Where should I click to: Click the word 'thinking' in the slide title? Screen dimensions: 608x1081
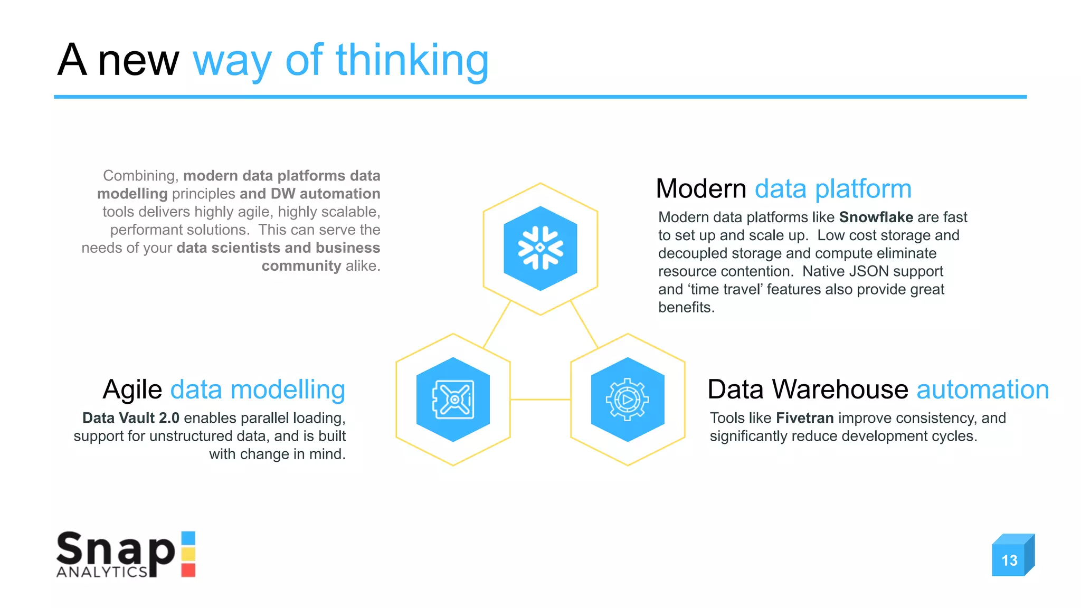pyautogui.click(x=412, y=61)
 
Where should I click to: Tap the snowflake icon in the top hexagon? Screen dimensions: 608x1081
pyautogui.click(x=540, y=248)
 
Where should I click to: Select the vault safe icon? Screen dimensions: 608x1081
pyautogui.click(x=453, y=400)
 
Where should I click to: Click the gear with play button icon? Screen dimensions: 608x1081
pyautogui.click(x=628, y=400)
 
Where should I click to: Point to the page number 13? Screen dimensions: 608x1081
pyautogui.click(x=1009, y=560)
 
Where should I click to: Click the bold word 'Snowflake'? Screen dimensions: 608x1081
pyautogui.click(x=876, y=217)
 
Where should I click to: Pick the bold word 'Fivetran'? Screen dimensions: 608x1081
pyautogui.click(x=804, y=418)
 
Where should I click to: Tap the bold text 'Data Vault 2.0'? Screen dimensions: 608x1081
pyautogui.click(x=131, y=418)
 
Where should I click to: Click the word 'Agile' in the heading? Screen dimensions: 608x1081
pyautogui.click(x=132, y=391)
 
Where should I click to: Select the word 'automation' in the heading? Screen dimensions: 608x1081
pyautogui.click(x=982, y=390)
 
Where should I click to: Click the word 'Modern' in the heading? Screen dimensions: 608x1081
pyautogui.click(x=701, y=189)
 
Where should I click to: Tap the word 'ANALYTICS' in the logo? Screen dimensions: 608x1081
pyautogui.click(x=102, y=572)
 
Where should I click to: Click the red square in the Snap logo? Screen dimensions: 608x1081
pyautogui.click(x=188, y=570)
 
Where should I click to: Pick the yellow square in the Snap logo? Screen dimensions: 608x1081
pyautogui.click(x=188, y=554)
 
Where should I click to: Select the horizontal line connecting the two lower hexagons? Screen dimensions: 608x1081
pyautogui.click(x=540, y=400)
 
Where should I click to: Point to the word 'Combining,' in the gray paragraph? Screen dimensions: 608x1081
pyautogui.click(x=141, y=176)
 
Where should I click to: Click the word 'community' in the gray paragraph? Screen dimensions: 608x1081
pyautogui.click(x=301, y=266)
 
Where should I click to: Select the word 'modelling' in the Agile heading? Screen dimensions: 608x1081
pyautogui.click(x=288, y=391)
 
